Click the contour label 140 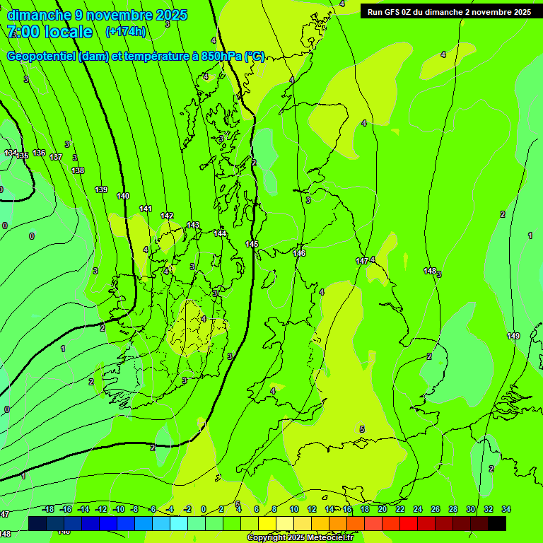pos(123,196)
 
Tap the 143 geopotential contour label pos(193,225)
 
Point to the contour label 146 pos(299,252)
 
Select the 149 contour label pos(513,336)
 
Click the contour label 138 pos(78,170)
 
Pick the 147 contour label pos(362,261)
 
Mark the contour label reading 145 pos(252,244)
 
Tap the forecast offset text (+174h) pos(125,32)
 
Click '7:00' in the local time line pos(23,32)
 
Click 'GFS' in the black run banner pos(391,12)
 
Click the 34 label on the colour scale pos(506,509)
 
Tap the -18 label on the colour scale pos(48,509)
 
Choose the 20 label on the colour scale pos(383,509)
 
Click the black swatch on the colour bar pos(497,523)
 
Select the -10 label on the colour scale pos(118,509)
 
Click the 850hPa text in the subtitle pos(222,57)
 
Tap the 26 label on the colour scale pos(436,509)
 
